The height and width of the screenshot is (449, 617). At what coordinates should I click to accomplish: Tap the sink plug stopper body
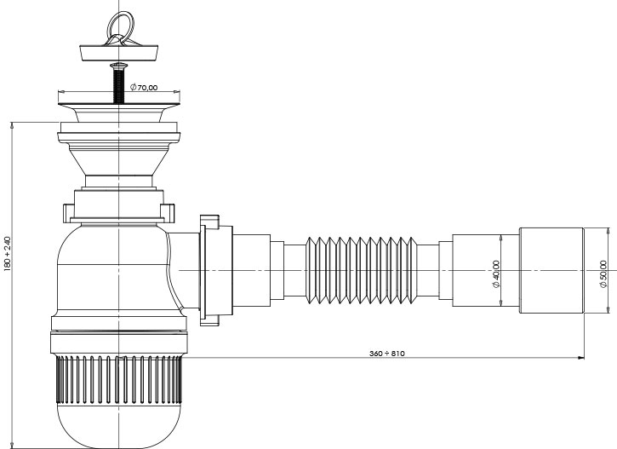119,53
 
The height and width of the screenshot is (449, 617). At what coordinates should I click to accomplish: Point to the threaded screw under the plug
119,83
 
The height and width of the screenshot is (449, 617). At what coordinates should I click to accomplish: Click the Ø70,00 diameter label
144,87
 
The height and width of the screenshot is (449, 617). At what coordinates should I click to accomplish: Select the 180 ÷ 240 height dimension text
8,254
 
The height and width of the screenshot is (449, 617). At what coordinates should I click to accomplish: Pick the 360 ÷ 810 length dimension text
387,354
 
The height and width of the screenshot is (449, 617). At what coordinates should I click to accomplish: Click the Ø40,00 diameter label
496,273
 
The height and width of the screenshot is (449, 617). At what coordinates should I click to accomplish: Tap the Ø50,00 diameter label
603,273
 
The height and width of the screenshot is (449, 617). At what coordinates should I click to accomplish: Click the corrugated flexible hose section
360,271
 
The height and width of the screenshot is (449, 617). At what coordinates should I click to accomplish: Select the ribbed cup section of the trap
119,380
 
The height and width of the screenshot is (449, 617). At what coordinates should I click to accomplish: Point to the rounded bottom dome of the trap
119,426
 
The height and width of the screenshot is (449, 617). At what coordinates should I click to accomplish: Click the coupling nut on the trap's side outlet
214,270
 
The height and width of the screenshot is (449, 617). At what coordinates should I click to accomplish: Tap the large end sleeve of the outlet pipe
551,271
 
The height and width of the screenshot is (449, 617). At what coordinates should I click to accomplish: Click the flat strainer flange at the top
119,104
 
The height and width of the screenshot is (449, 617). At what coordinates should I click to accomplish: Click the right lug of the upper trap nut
168,213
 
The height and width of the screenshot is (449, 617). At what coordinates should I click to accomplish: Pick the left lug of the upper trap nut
69,213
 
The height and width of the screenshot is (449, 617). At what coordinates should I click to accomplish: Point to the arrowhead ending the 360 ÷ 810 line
581,358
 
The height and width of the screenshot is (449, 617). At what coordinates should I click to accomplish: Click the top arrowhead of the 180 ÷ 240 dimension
12,125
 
